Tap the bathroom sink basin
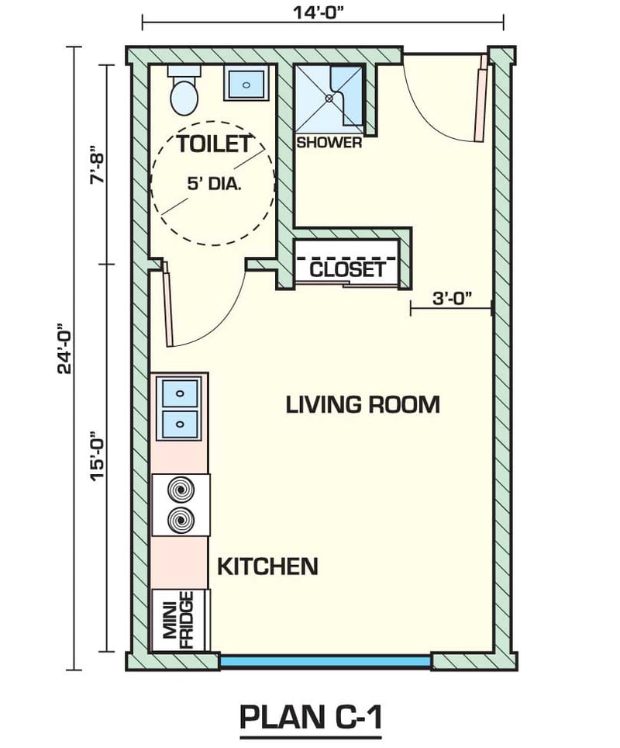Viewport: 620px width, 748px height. tap(246, 83)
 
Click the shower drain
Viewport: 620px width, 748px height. tap(329, 98)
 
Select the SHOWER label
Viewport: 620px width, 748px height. tap(329, 143)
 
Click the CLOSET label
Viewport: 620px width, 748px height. tap(347, 269)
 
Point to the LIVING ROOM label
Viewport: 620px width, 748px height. tap(363, 404)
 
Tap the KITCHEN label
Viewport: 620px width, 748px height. tap(267, 566)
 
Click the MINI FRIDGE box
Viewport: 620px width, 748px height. tap(179, 620)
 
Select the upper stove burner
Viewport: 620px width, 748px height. tap(181, 490)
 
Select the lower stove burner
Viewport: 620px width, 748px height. tap(181, 520)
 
